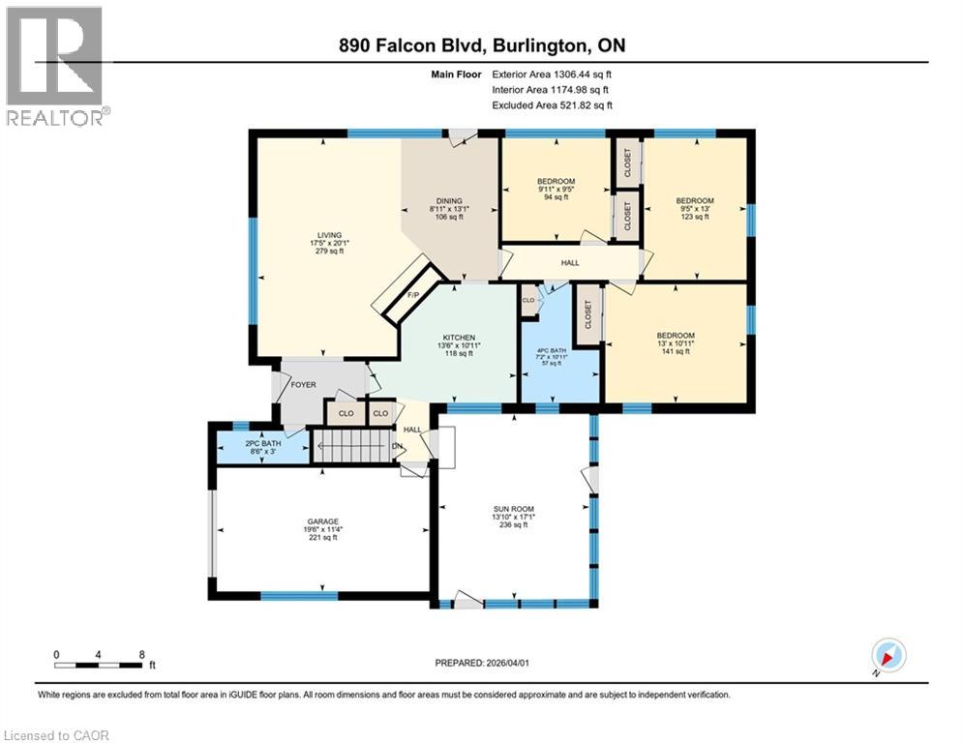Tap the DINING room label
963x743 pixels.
pos(448,200)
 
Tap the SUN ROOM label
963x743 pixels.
pos(512,509)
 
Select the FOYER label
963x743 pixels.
pos(305,384)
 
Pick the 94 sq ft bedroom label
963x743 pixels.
pos(556,181)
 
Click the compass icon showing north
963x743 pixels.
pos(888,655)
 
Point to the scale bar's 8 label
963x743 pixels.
pos(142,654)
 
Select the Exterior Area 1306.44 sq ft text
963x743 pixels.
pos(553,73)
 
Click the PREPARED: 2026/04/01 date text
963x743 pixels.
pos(484,663)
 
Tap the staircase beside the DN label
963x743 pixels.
pos(353,447)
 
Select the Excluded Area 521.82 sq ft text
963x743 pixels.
pos(553,105)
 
